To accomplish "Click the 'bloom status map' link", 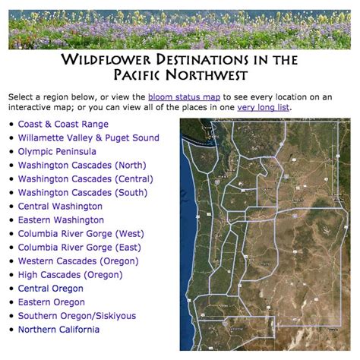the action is tap(184, 97).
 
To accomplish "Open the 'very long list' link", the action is tap(263, 108).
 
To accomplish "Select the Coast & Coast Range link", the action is tap(63, 125).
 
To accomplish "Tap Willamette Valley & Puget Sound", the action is tap(89, 138).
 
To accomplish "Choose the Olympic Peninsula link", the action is tap(57, 152).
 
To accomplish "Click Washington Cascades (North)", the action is tap(82, 166).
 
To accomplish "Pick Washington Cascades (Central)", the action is tap(86, 179).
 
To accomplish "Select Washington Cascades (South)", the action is tap(83, 193).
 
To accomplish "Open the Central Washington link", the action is tap(60, 207).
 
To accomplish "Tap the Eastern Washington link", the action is tap(61, 220).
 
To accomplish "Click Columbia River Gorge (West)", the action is tap(81, 234).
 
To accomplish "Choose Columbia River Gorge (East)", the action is tap(80, 248).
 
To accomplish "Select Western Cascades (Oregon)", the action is tap(78, 261).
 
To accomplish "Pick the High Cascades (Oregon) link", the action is tap(71, 275).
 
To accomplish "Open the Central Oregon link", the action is tap(51, 289).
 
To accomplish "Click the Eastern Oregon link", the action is tap(52, 302).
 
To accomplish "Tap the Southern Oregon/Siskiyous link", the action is tap(77, 316).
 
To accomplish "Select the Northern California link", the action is tap(58, 330).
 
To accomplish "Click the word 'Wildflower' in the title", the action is tap(106, 60).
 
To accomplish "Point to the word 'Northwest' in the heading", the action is tap(207, 75).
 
